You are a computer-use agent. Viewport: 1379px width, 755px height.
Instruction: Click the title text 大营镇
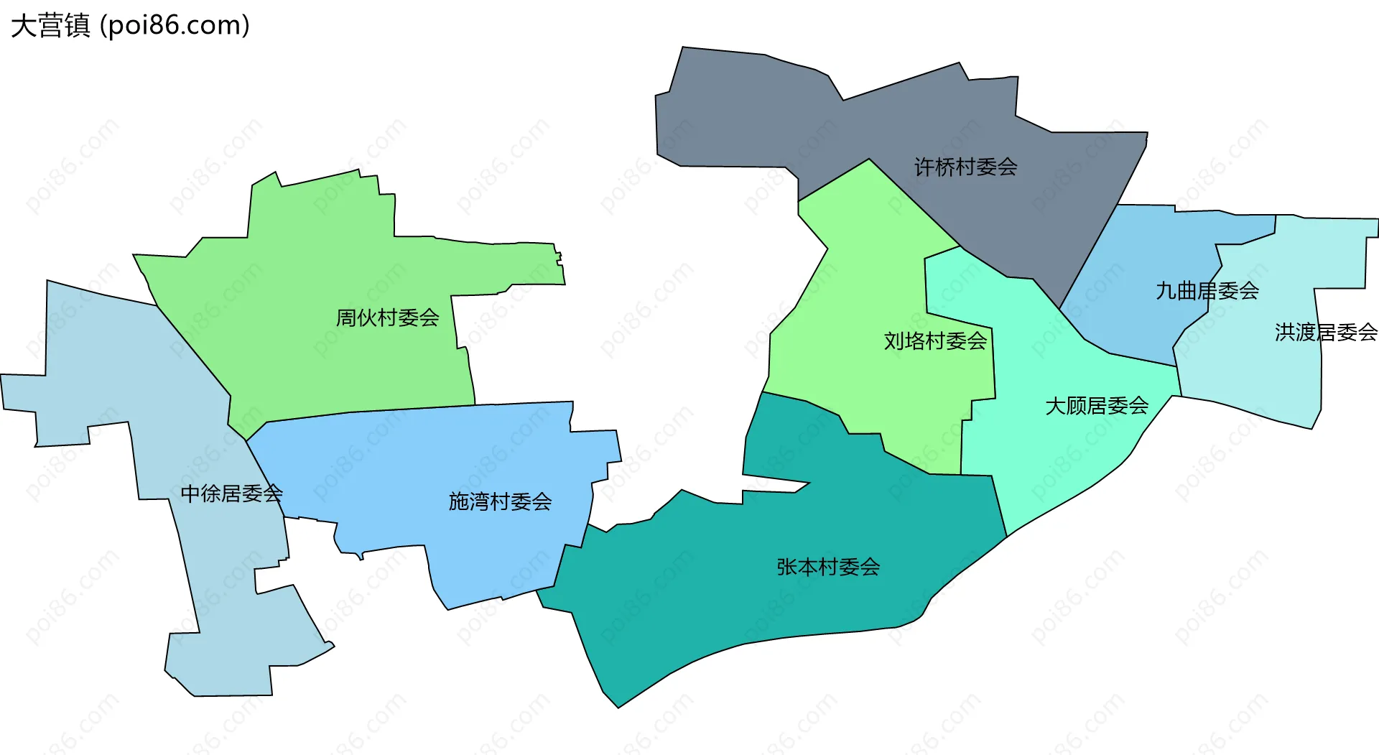pos(50,26)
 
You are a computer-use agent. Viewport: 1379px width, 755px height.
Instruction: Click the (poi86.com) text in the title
pos(175,26)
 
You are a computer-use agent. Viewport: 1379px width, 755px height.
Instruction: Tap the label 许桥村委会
pos(965,167)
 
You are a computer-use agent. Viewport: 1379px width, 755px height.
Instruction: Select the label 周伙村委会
pos(387,318)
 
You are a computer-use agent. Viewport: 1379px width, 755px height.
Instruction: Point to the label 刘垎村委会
pos(935,341)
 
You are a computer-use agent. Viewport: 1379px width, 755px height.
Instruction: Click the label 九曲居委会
pos(1207,291)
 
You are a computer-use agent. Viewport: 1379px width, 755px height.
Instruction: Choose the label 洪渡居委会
pos(1326,332)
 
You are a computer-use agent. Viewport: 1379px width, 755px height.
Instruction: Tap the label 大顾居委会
pos(1096,406)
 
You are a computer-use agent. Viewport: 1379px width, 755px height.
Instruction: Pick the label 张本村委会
pos(828,567)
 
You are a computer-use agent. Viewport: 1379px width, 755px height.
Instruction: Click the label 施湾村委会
pos(500,501)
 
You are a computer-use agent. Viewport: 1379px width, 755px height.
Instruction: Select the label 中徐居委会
pos(231,494)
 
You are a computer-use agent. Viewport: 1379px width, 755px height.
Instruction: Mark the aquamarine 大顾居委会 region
pos(1063,460)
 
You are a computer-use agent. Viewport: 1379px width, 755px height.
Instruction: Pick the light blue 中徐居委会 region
pos(108,359)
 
